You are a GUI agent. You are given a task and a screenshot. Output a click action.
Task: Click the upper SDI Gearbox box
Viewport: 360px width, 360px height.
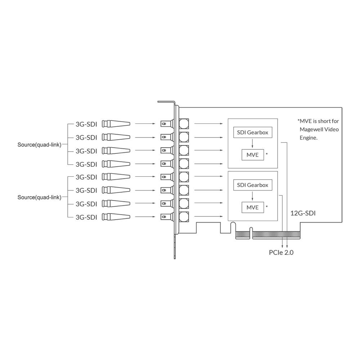coord(252,132)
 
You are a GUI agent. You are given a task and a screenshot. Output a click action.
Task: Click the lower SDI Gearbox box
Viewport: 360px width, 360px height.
coord(252,185)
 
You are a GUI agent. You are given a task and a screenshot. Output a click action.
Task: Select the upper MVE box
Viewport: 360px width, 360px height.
coord(252,154)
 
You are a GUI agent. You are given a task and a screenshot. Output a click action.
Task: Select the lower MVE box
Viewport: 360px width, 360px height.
coord(252,207)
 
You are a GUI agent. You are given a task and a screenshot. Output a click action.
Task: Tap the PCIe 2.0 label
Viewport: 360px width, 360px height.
coord(281,252)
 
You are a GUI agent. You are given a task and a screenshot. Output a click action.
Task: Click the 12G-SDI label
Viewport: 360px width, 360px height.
coord(303,213)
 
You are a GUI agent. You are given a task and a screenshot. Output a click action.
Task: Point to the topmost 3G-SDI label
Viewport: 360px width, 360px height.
coord(86,124)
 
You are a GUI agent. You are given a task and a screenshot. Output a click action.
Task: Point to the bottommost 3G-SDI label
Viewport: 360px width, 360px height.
coord(86,217)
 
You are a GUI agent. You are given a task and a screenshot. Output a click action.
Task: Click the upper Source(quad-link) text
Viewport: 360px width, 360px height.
coord(39,145)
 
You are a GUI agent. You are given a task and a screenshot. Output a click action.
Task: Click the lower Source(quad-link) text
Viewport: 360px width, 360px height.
coord(39,197)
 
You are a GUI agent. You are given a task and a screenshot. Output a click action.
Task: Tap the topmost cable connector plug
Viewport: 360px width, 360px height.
coord(116,124)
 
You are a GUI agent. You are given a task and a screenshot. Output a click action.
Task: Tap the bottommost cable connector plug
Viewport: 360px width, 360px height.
coord(116,217)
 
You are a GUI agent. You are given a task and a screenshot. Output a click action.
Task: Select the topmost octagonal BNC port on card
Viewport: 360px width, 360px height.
coord(184,124)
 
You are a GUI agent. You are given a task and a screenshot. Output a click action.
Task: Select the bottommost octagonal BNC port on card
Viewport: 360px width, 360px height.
coord(184,217)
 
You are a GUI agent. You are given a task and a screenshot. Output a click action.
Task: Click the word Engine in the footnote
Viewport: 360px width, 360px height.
coord(309,138)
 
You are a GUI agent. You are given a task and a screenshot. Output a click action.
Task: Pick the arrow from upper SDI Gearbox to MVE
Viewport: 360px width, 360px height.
coord(252,143)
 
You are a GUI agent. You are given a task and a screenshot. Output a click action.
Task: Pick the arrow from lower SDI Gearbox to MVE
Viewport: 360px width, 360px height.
coord(252,196)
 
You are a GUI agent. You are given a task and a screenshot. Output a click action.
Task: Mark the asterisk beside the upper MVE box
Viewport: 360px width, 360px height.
coord(267,154)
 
